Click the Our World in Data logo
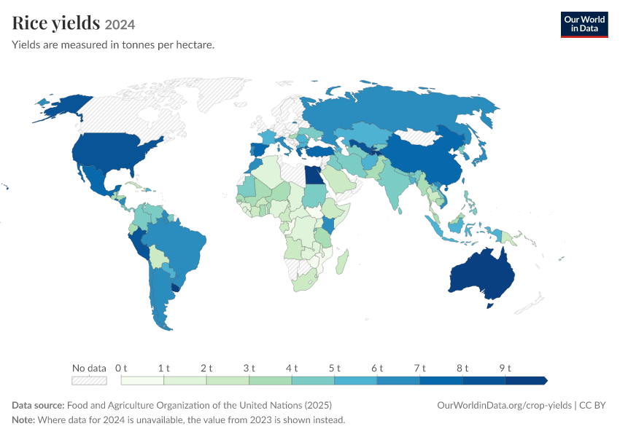[584, 25]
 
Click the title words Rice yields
[55, 23]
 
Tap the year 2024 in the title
[120, 25]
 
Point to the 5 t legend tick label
[334, 369]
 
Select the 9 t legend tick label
[505, 369]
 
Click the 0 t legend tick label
[121, 369]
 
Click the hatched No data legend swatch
[90, 380]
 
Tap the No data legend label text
[90, 369]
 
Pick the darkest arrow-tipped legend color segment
[527, 380]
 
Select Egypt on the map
[313, 176]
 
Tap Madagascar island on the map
[342, 261]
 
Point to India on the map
[392, 182]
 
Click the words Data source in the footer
[38, 406]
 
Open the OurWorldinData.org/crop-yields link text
[505, 406]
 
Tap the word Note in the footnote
[23, 420]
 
